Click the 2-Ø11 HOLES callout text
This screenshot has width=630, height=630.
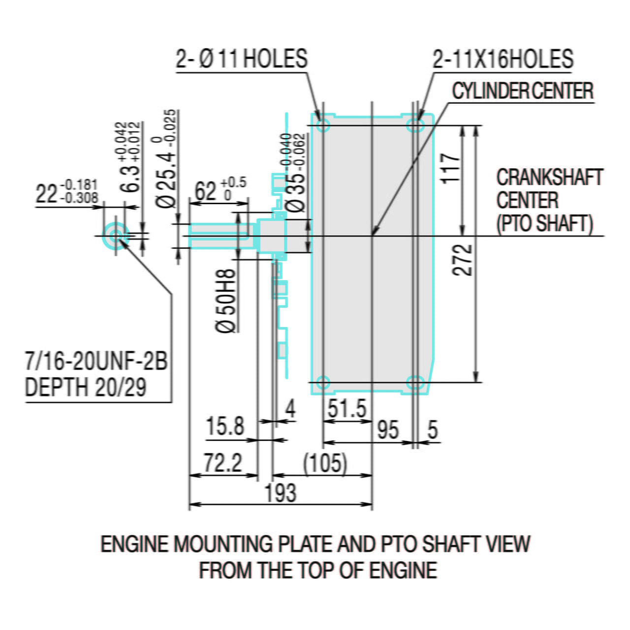tap(242, 59)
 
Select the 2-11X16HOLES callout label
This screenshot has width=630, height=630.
tap(503, 59)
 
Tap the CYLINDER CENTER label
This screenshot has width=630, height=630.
tap(523, 91)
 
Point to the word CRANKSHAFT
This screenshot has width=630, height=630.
tap(549, 178)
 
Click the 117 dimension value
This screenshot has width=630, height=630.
tap(450, 168)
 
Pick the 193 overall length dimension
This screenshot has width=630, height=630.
tap(281, 493)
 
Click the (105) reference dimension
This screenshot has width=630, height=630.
tap(325, 464)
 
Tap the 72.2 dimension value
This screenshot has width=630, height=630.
tap(223, 463)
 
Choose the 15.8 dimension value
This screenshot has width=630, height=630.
tap(225, 426)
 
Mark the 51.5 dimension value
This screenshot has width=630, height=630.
tap(347, 409)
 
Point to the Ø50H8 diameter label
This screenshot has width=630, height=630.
tap(226, 300)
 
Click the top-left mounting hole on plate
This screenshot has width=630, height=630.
tap(323, 125)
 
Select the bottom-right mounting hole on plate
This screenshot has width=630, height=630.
tap(415, 382)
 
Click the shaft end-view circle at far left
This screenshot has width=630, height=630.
tap(115, 236)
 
